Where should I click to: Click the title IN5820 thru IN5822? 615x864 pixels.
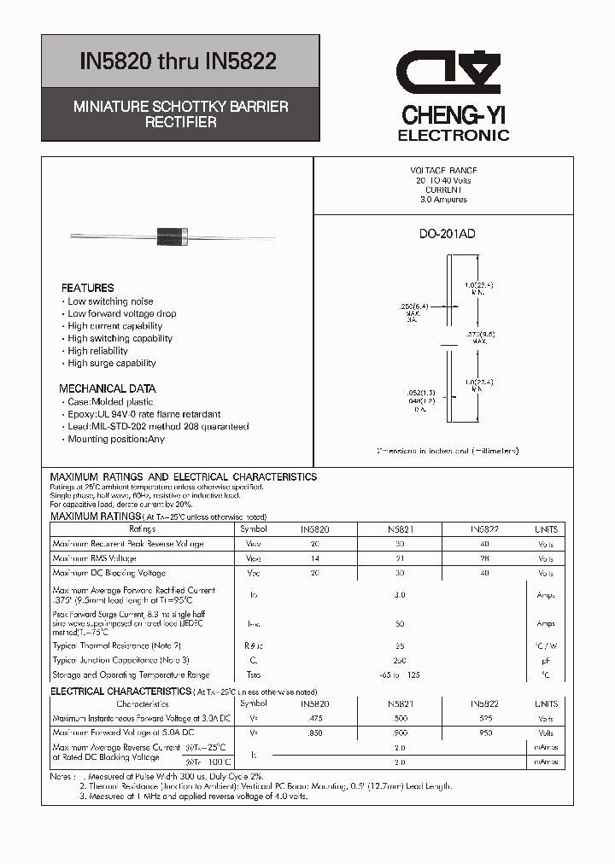(178, 61)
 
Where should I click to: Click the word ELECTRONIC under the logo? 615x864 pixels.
(454, 136)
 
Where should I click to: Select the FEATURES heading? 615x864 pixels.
(87, 288)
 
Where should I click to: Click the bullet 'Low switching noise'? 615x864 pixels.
(110, 301)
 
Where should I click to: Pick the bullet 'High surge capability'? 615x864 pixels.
(112, 363)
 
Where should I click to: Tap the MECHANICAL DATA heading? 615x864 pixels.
(107, 388)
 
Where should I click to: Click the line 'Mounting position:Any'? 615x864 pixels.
(116, 439)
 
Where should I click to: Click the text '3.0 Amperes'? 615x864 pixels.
(443, 200)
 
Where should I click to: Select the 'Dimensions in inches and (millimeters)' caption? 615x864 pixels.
(448, 451)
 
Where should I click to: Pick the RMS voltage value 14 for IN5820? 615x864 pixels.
(314, 558)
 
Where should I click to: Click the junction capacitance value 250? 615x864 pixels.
(399, 660)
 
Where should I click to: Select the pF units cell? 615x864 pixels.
(546, 660)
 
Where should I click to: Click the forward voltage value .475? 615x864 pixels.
(314, 719)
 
